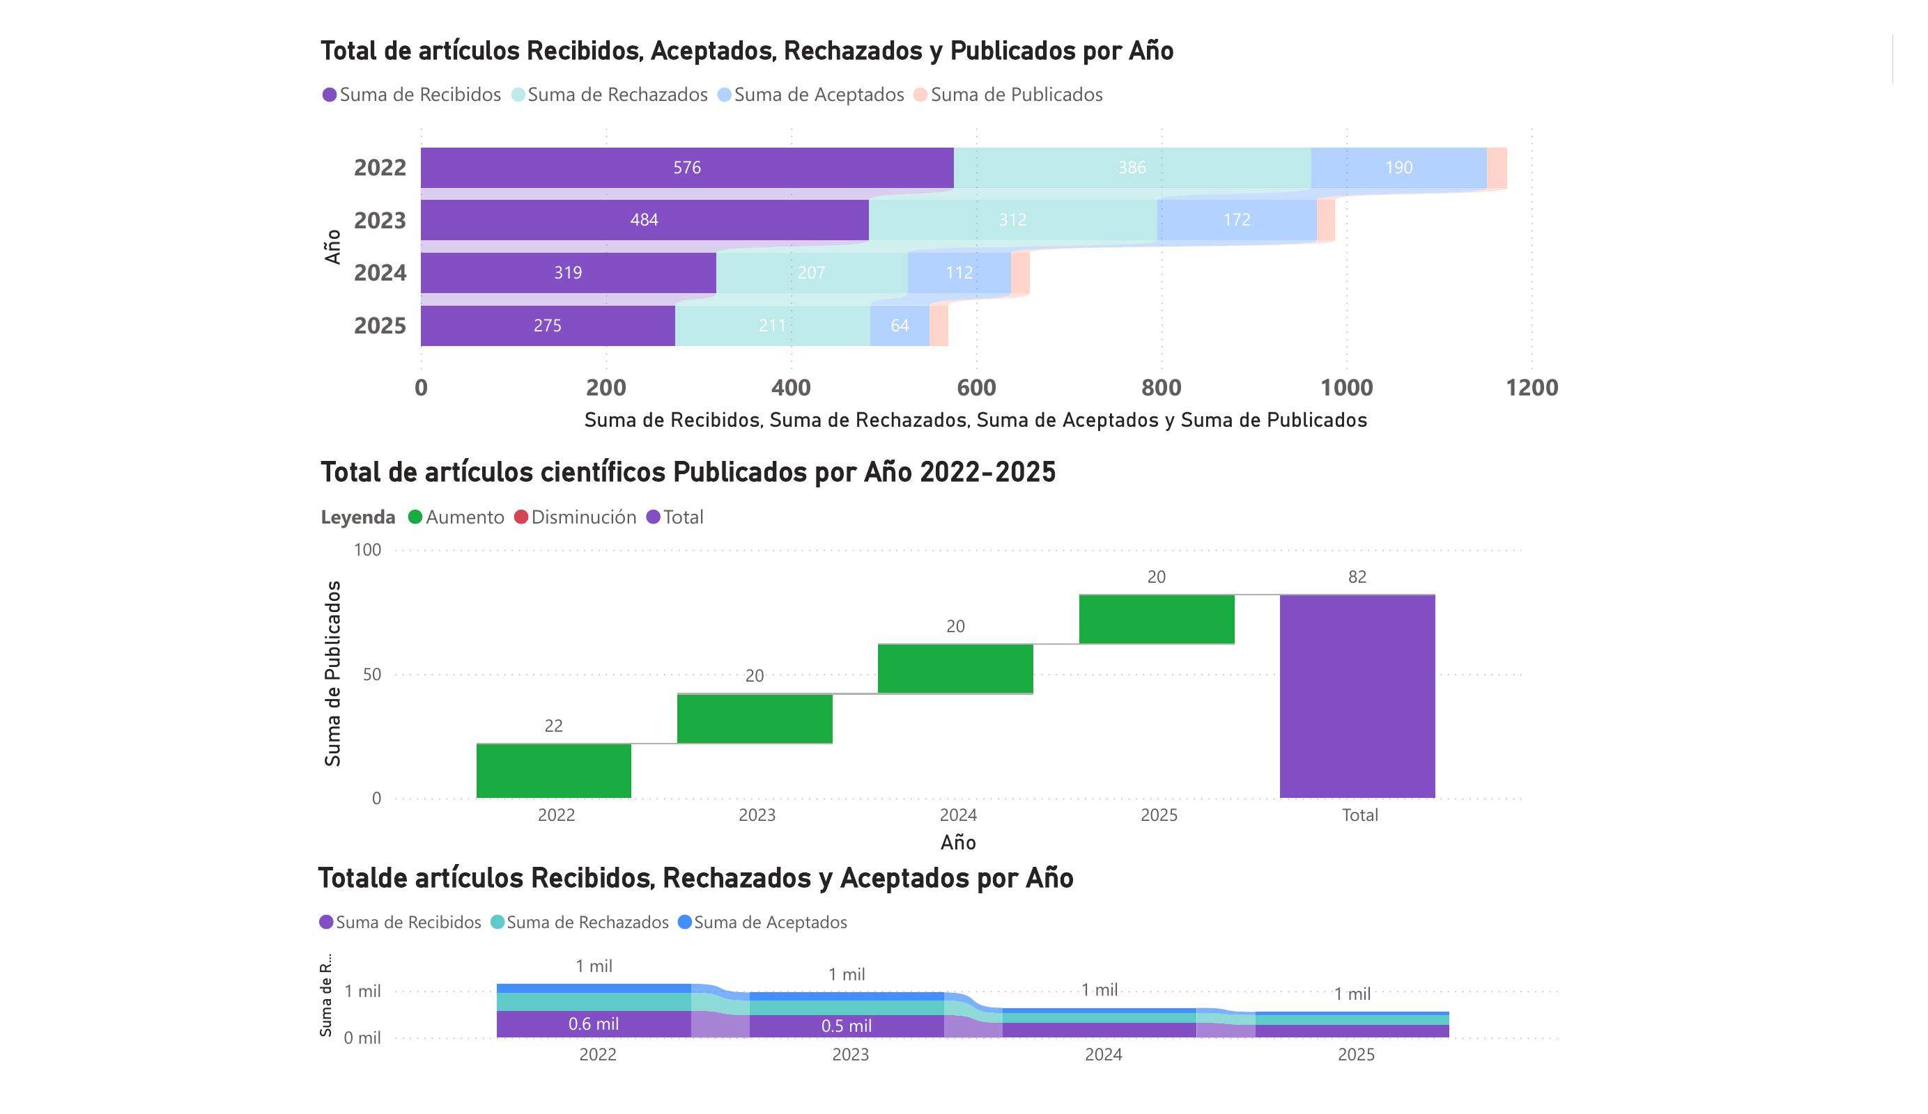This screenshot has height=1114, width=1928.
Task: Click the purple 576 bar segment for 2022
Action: [x=686, y=167]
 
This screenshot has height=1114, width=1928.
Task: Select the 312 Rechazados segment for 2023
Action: [x=1012, y=220]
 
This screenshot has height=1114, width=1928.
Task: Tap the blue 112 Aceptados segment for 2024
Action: [x=959, y=273]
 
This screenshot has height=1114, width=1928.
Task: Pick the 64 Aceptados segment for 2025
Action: [x=899, y=326]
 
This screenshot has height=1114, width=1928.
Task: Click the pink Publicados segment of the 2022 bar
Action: [x=1497, y=167]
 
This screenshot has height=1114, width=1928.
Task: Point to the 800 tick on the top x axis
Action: [x=1161, y=388]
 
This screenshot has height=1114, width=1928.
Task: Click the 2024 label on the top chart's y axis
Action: [x=380, y=273]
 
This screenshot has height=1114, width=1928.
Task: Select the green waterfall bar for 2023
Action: [x=755, y=719]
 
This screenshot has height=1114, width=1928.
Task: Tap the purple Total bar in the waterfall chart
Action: [x=1357, y=696]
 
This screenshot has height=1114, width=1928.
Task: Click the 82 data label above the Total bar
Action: [x=1357, y=577]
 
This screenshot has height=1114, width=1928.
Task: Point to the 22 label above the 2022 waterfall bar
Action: [x=553, y=726]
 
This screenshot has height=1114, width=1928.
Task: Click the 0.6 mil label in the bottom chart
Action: [x=593, y=1023]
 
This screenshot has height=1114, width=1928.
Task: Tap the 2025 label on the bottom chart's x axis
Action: [x=1356, y=1055]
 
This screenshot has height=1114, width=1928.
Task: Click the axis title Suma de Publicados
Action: [x=333, y=673]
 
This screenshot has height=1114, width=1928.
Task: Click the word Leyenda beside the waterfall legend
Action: [x=357, y=517]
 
